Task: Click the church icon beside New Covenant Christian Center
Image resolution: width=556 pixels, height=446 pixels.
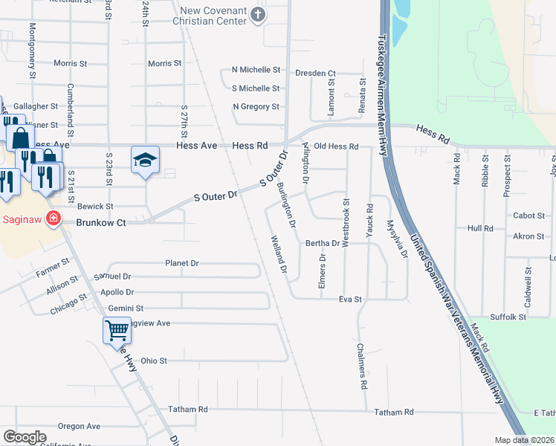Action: (x=257, y=15)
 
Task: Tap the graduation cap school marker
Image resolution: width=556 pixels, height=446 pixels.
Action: (x=145, y=160)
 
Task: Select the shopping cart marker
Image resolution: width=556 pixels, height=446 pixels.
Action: (x=117, y=330)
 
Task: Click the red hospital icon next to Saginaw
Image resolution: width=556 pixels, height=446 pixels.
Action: (x=53, y=219)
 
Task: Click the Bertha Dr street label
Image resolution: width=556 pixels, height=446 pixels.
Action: (x=323, y=243)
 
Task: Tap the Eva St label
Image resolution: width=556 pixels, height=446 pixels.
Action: (x=349, y=299)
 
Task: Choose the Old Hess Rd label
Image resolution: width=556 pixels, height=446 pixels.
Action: (x=336, y=146)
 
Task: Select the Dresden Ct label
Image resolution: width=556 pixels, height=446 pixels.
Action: (x=315, y=74)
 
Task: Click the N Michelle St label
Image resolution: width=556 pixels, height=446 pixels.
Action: (x=256, y=70)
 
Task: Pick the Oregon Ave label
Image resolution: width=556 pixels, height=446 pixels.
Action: (x=79, y=426)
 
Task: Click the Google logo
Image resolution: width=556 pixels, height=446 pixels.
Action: (x=25, y=436)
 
